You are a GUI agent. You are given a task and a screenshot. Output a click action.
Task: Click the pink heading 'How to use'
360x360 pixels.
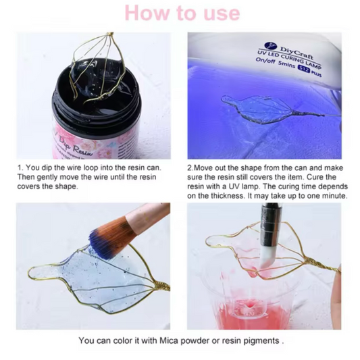182,13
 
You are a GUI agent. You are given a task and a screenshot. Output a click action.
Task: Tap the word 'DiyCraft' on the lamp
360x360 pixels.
297,53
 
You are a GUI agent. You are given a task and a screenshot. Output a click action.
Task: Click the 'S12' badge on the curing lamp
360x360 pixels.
303,69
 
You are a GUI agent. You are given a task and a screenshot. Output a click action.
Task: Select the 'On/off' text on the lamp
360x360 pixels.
265,61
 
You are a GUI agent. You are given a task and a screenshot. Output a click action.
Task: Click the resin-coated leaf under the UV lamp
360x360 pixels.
257,108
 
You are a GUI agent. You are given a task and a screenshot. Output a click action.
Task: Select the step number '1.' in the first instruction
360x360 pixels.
20,168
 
